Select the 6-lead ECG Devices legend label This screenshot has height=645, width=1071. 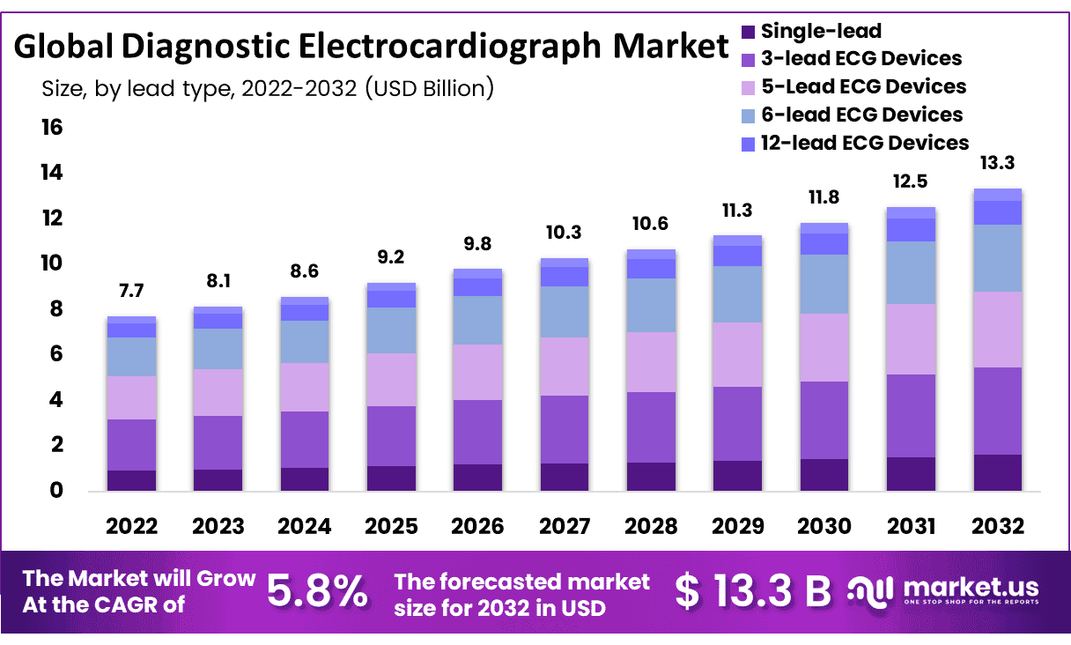861,115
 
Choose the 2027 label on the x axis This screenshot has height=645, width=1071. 565,527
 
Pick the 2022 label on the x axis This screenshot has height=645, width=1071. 132,527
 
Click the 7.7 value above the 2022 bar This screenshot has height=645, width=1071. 132,291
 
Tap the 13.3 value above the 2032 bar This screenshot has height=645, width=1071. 997,163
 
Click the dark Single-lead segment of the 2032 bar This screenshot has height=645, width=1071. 997,472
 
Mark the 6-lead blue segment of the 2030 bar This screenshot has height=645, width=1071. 825,284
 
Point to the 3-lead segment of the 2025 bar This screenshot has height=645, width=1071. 392,435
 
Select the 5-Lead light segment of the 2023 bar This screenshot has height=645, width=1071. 218,392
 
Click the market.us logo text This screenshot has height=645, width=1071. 970,588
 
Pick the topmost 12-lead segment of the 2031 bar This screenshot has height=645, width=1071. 911,212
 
